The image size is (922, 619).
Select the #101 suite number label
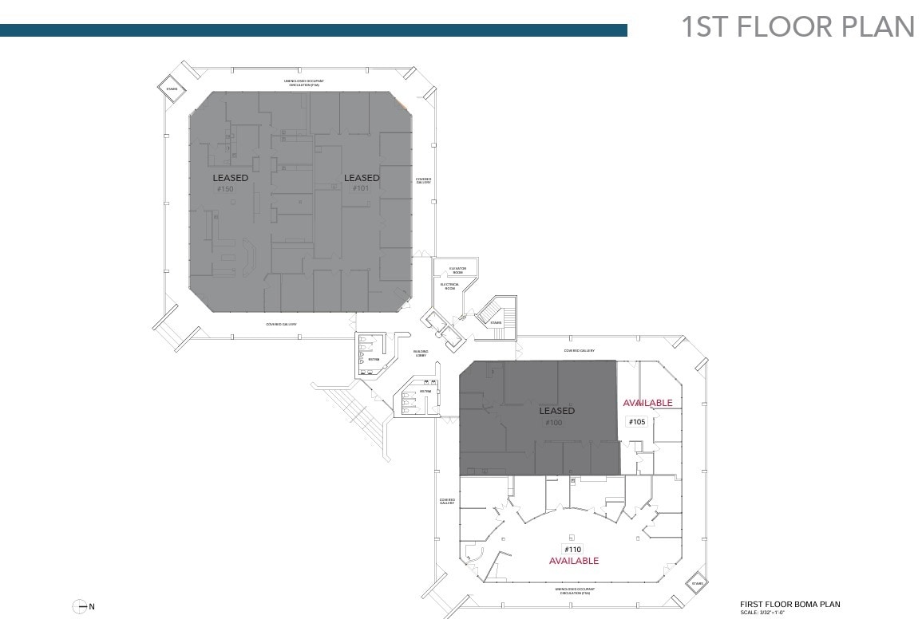coord(358,189)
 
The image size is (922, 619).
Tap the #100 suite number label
coord(553,423)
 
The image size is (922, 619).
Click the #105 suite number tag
coord(636,421)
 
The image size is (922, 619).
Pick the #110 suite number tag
coord(572,550)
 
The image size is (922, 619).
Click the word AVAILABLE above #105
coord(647,403)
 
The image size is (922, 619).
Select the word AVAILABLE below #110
coord(573,561)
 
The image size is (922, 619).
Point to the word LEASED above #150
coord(230,178)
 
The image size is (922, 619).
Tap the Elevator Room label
coord(457,270)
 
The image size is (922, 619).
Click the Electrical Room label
coord(449,286)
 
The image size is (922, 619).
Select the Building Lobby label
coord(420,353)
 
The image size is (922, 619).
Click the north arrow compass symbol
coord(80,607)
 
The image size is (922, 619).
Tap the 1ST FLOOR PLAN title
coord(797,26)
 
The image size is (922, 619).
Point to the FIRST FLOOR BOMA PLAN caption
coord(789,605)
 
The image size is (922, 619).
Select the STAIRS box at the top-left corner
coord(172,89)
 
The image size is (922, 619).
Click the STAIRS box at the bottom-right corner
coord(698,584)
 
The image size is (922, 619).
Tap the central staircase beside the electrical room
coord(497,313)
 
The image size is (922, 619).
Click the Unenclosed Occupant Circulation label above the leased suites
coord(303,82)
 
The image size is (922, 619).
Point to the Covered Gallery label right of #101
coord(423,181)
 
